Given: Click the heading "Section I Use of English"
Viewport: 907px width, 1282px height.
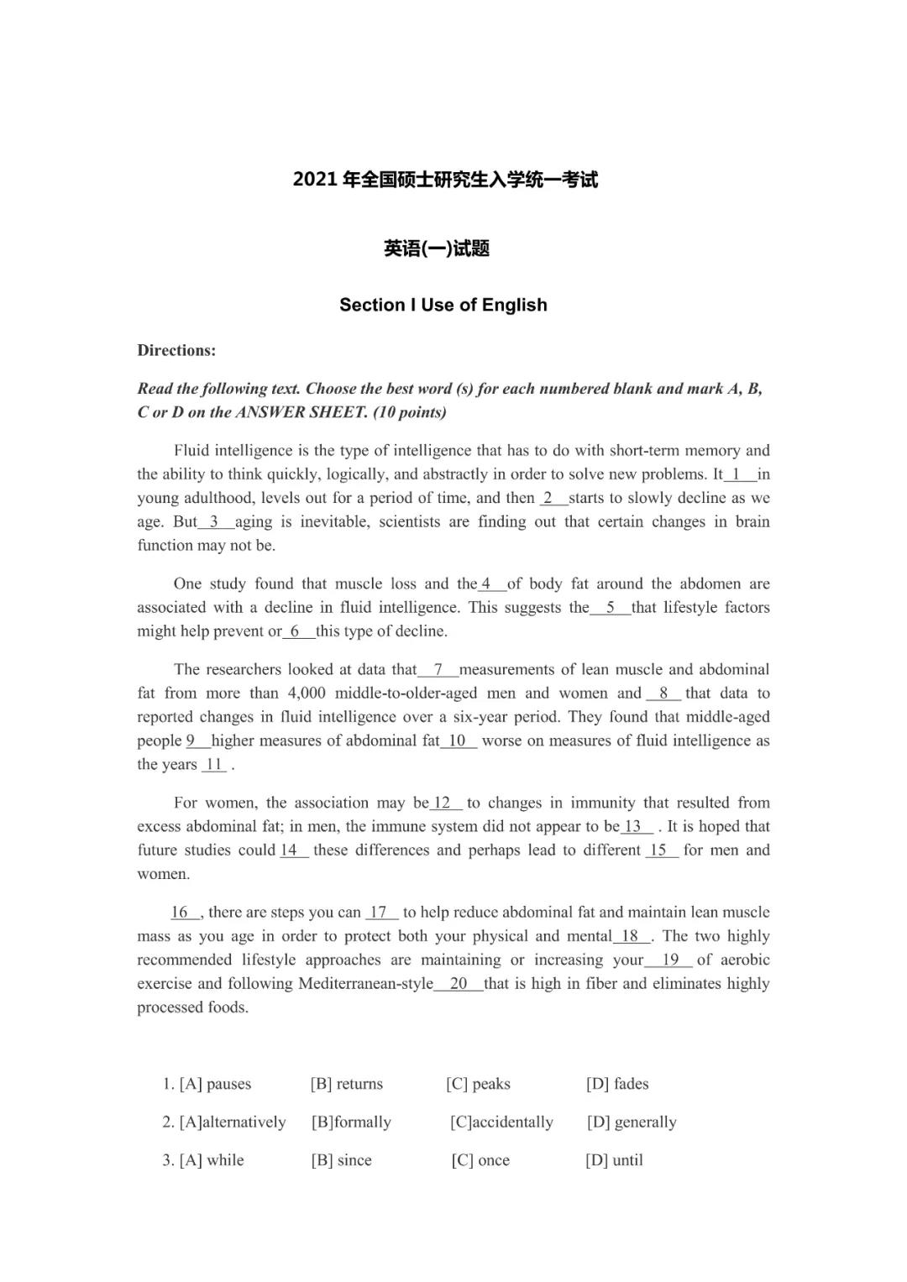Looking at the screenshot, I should tap(443, 305).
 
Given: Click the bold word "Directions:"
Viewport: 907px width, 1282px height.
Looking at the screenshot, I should tap(176, 351).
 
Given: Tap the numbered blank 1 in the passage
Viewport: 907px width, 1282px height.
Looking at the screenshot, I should tap(737, 474).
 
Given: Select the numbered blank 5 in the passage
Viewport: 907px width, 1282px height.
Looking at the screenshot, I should tap(611, 608).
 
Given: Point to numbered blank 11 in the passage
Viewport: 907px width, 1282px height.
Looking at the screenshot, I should tap(214, 765).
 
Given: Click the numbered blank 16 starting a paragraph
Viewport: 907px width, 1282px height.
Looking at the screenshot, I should tap(181, 913).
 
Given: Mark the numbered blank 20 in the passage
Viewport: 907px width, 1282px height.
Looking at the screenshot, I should tap(459, 984).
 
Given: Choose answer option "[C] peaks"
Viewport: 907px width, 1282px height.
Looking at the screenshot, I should tap(478, 1084).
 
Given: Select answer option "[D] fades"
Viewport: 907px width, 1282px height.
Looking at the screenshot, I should tap(617, 1084).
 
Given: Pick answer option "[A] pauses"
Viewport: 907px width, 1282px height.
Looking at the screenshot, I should tap(207, 1084).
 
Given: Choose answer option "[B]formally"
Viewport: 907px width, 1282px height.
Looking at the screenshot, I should tap(351, 1122).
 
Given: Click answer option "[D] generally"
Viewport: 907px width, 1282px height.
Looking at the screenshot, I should tap(632, 1122).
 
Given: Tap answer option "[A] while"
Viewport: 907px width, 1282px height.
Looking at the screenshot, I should tap(203, 1160).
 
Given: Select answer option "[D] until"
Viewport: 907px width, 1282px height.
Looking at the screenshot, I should tap(614, 1160).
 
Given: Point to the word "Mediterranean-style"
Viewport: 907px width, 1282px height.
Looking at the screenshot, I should tap(365, 984).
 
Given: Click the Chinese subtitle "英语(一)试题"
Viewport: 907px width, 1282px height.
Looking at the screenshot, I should tap(437, 249).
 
